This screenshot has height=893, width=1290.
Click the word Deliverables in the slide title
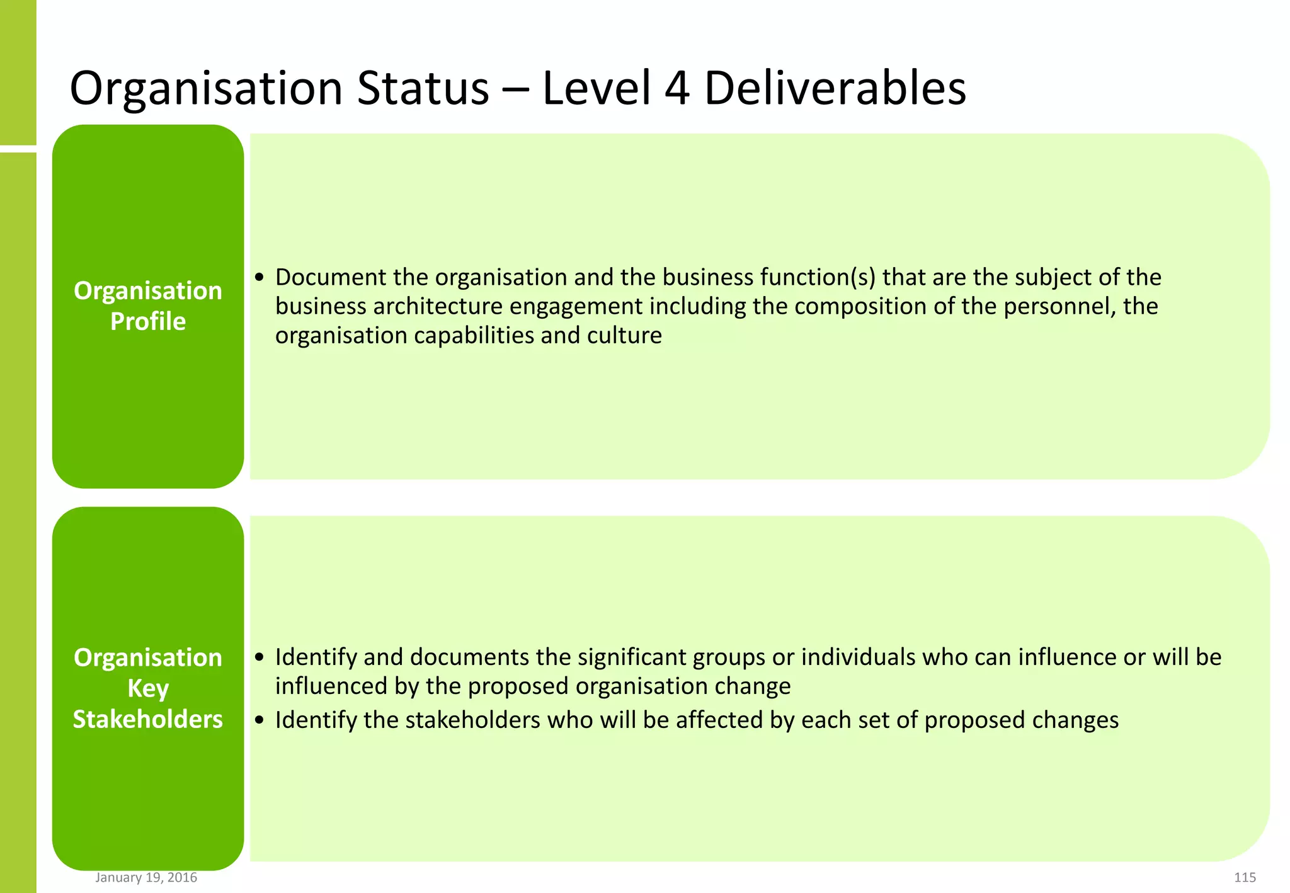click(x=835, y=88)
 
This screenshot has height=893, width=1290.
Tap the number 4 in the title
click(x=677, y=88)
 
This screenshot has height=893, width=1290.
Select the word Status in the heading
click(x=423, y=88)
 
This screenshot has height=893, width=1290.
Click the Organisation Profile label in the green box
click(x=148, y=306)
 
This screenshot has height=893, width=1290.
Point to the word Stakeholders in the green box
click(x=148, y=719)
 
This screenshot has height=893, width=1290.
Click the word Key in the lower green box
click(x=148, y=688)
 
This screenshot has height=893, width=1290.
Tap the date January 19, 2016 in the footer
click(x=146, y=877)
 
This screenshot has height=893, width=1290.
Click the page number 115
click(x=1245, y=877)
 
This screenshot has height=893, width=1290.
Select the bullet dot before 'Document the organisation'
click(x=260, y=278)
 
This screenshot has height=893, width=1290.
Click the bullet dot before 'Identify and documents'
click(x=260, y=657)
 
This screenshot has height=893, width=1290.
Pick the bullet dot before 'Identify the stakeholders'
click(x=260, y=720)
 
